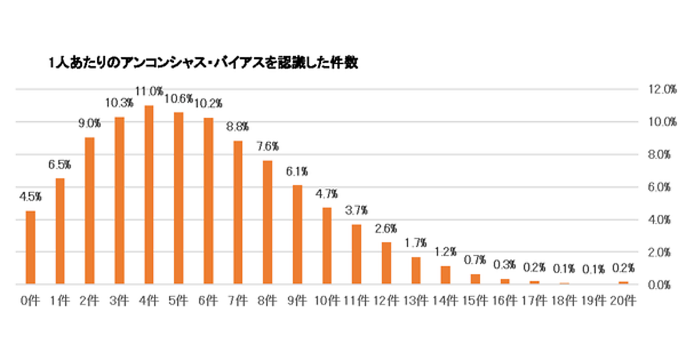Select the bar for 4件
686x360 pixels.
pyautogui.click(x=149, y=194)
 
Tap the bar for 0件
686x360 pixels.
pyautogui.click(x=30, y=247)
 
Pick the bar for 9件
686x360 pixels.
pyautogui.click(x=297, y=234)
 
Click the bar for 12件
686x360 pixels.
pyautogui.click(x=386, y=263)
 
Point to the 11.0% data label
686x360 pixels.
pyautogui.click(x=150, y=91)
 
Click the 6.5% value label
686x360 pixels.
pyautogui.click(x=59, y=165)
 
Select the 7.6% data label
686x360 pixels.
pyautogui.click(x=268, y=147)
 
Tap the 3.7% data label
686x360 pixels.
pyautogui.click(x=357, y=210)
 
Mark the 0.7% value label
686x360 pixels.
pyautogui.click(x=476, y=260)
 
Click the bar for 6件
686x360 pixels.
pyautogui.click(x=208, y=201)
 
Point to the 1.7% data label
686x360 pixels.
pyautogui.click(x=416, y=243)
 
